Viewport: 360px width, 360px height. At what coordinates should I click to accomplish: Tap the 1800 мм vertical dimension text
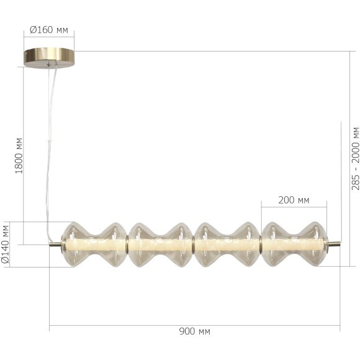(x=19, y=155)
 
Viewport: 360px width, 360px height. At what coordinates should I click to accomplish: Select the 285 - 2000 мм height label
(x=355, y=158)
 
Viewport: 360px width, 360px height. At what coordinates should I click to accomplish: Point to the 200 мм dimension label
(x=294, y=200)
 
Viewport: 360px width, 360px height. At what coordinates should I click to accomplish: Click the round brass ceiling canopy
(x=49, y=58)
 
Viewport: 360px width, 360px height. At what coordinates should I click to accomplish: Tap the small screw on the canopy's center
(x=49, y=62)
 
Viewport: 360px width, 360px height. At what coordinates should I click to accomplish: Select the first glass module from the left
(x=94, y=245)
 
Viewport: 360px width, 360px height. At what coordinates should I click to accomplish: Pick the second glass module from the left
(x=161, y=245)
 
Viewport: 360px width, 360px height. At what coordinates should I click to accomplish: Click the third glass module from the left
(x=227, y=245)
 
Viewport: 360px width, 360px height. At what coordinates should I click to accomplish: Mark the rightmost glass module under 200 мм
(x=294, y=245)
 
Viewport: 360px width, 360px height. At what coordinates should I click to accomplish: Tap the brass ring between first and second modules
(x=127, y=245)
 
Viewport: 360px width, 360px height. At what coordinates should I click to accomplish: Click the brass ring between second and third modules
(x=194, y=245)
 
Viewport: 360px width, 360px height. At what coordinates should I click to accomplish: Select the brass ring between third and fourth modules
(x=261, y=245)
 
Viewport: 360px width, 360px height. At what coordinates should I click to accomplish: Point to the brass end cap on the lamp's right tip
(x=335, y=245)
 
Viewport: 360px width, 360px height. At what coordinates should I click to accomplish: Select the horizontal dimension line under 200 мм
(x=294, y=206)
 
